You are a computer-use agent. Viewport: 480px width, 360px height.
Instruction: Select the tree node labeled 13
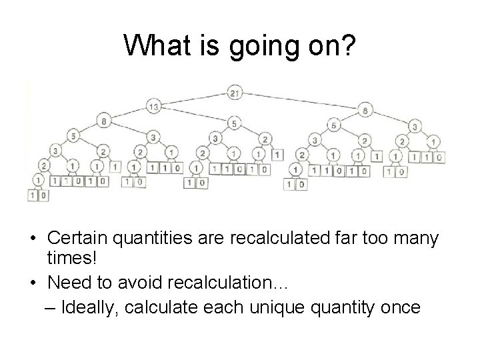click(x=154, y=107)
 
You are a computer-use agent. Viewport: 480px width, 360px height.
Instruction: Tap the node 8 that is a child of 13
click(x=104, y=121)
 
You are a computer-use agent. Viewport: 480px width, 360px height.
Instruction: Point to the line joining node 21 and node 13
click(x=193, y=99)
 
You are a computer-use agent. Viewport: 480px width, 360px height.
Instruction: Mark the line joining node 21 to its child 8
click(x=300, y=101)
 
